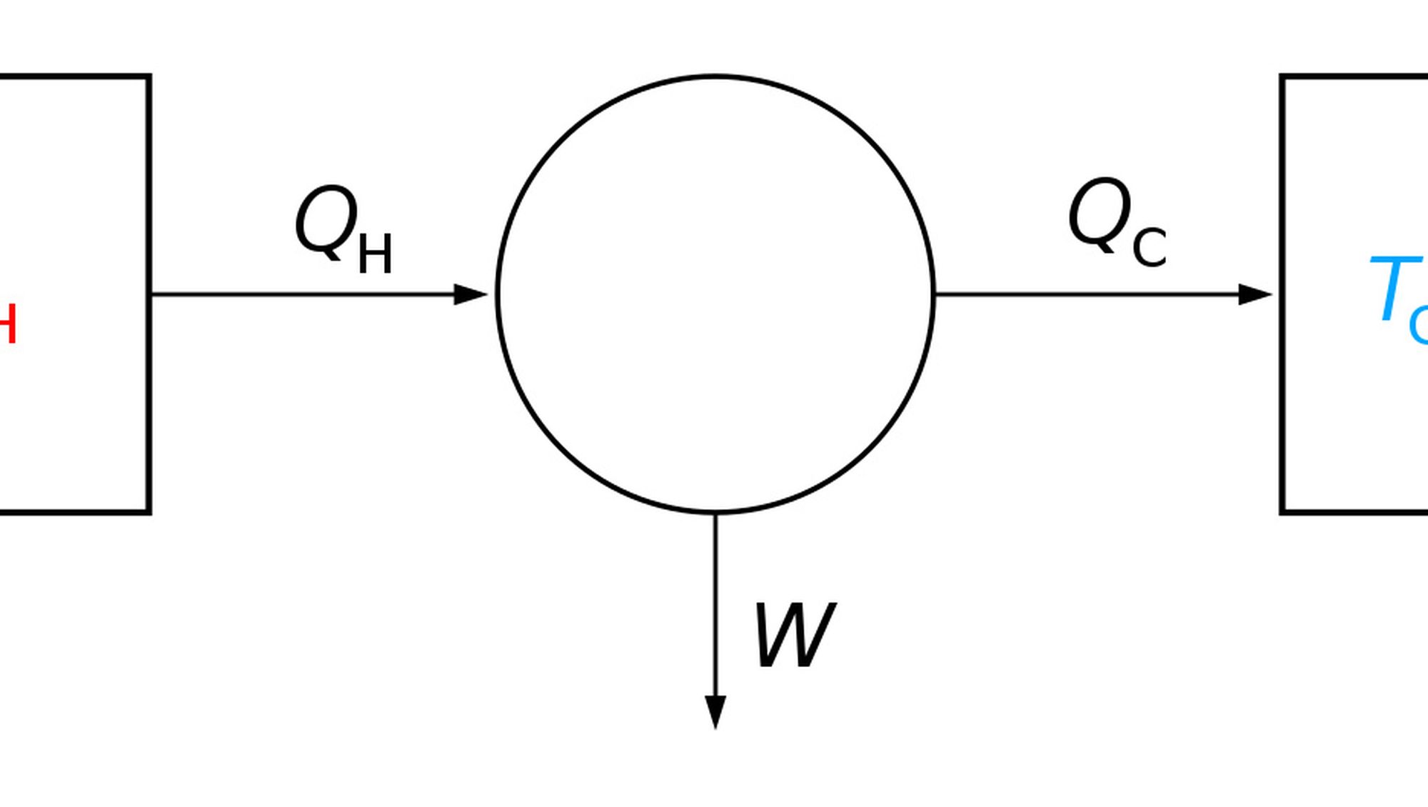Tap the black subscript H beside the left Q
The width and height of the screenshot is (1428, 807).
tap(375, 254)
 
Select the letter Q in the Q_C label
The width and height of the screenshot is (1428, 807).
tap(1100, 214)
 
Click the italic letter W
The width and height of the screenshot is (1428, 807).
tap(794, 635)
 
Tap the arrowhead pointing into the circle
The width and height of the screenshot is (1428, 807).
tap(471, 294)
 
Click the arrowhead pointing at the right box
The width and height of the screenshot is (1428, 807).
tap(1255, 294)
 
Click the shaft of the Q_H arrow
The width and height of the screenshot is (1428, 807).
tap(300, 294)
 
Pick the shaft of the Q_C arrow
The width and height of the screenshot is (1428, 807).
tap(1085, 294)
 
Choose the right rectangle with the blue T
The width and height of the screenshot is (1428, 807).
tap(1357, 428)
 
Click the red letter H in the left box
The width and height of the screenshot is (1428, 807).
tap(6, 324)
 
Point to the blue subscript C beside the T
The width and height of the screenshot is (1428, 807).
tap(1419, 325)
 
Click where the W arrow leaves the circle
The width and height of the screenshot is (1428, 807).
tap(715, 513)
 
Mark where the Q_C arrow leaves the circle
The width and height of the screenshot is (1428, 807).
tap(934, 294)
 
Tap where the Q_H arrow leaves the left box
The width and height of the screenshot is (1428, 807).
tap(151, 294)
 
